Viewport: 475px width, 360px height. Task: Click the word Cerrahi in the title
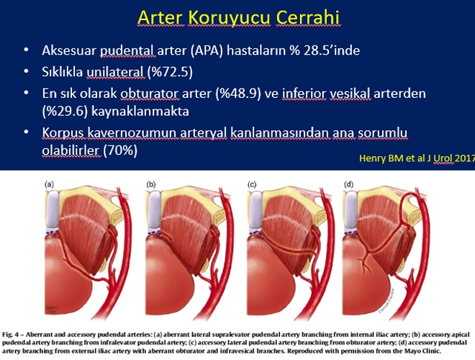click(x=307, y=17)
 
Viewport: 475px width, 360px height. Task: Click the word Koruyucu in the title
click(x=230, y=17)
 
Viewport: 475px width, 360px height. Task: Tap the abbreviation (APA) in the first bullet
click(x=207, y=50)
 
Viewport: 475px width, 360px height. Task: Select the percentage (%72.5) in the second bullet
click(x=170, y=72)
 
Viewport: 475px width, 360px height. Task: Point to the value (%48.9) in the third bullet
click(x=238, y=94)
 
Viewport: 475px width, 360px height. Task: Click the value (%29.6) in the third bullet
click(x=65, y=112)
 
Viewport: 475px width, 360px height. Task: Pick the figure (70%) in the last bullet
click(x=120, y=150)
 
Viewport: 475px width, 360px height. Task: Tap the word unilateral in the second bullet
click(x=115, y=72)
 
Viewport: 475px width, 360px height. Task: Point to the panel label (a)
click(x=50, y=184)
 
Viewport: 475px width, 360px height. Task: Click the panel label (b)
click(x=150, y=184)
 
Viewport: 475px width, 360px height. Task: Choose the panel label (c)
click(x=252, y=184)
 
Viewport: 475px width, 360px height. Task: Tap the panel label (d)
click(x=348, y=184)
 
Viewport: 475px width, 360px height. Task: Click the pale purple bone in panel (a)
click(x=52, y=210)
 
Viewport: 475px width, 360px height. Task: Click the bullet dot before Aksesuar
click(x=26, y=50)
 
